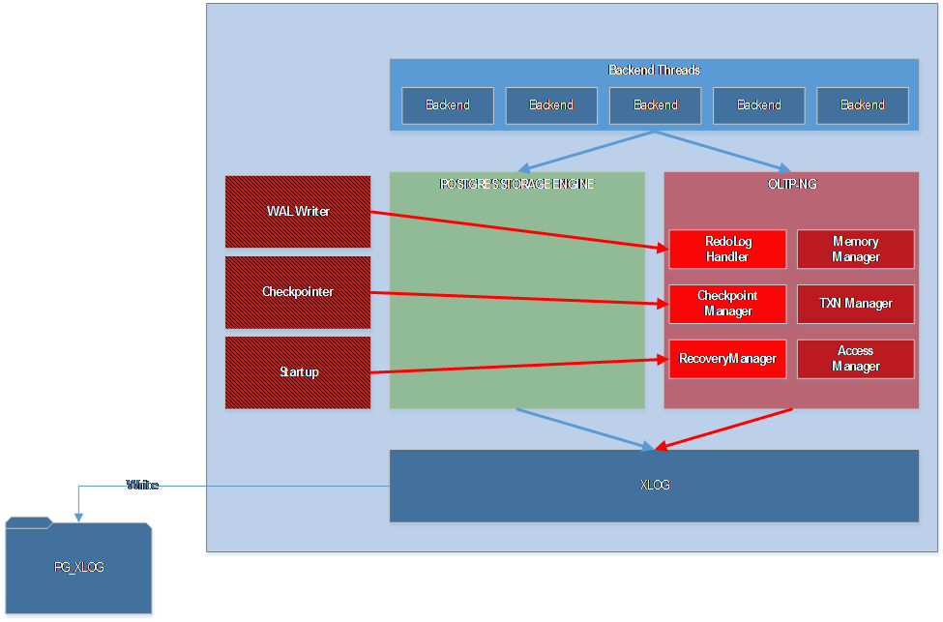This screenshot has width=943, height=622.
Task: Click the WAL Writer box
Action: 298,212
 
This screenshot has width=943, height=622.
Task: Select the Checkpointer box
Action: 298,292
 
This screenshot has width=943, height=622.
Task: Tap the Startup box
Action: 298,372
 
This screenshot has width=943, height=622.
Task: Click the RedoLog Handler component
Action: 727,250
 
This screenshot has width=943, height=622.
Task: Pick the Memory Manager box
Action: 855,250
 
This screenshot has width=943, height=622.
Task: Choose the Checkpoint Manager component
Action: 727,304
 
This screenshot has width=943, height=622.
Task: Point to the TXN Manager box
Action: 855,304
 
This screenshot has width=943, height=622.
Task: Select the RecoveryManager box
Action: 727,359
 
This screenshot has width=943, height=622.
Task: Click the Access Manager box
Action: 855,359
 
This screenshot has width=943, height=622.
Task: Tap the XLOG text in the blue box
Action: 655,486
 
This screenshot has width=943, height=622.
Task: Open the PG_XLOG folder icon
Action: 79,568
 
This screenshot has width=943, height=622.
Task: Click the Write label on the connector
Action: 142,486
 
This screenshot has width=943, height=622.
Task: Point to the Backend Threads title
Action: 654,71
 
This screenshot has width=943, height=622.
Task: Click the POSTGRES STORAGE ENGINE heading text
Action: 516,184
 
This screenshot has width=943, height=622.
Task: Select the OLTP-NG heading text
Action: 791,184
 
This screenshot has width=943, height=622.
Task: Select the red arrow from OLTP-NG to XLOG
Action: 725,429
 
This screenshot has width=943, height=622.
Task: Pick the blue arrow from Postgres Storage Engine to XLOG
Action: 585,429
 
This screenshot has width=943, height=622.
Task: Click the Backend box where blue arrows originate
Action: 655,105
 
